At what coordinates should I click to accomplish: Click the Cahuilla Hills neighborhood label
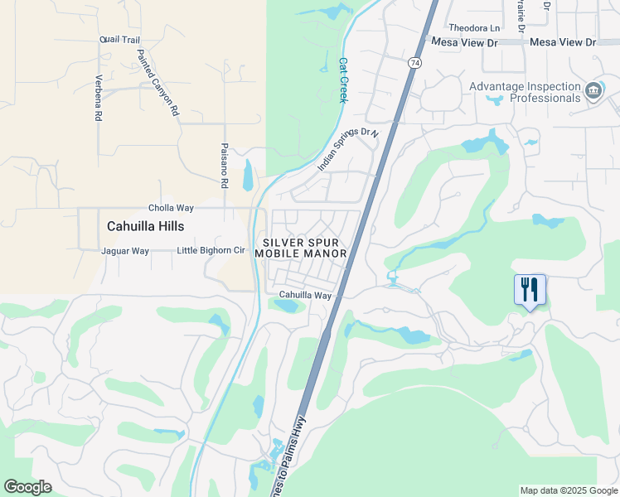pyautogui.click(x=145, y=226)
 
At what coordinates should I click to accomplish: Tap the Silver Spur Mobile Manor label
pyautogui.click(x=305, y=247)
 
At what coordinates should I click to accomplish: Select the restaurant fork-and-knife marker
pyautogui.click(x=530, y=290)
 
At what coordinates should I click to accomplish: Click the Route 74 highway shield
pyautogui.click(x=415, y=62)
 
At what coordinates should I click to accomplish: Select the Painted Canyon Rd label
pyautogui.click(x=157, y=81)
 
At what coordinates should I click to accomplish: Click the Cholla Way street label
pyautogui.click(x=171, y=208)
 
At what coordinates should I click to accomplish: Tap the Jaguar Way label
pyautogui.click(x=124, y=251)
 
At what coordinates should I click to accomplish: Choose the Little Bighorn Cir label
pyautogui.click(x=211, y=251)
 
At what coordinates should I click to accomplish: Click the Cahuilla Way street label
pyautogui.click(x=305, y=295)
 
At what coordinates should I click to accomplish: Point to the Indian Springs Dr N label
pyautogui.click(x=347, y=150)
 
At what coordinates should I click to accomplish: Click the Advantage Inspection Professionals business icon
pyautogui.click(x=593, y=90)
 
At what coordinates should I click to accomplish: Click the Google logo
pyautogui.click(x=27, y=487)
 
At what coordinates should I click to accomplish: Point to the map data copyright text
pyautogui.click(x=568, y=490)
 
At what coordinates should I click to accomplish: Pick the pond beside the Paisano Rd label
pyautogui.click(x=248, y=176)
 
